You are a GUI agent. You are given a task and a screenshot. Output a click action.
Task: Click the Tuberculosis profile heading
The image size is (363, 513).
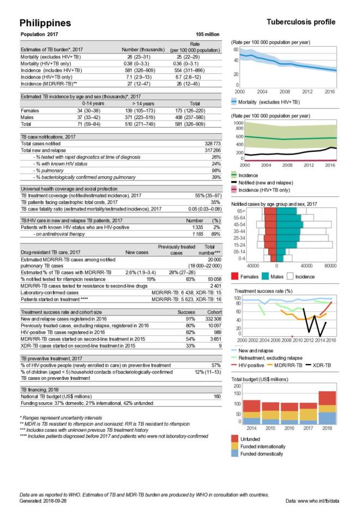coord(300,22)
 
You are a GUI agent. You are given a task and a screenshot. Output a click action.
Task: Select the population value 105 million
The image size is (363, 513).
coord(207,34)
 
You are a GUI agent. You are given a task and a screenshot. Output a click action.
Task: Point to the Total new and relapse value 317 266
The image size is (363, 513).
coord(209,149)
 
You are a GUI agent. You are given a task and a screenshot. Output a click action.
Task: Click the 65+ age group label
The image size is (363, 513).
coord(239,210)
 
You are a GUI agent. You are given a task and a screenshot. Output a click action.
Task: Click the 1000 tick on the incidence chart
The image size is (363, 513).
coord(238,123)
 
